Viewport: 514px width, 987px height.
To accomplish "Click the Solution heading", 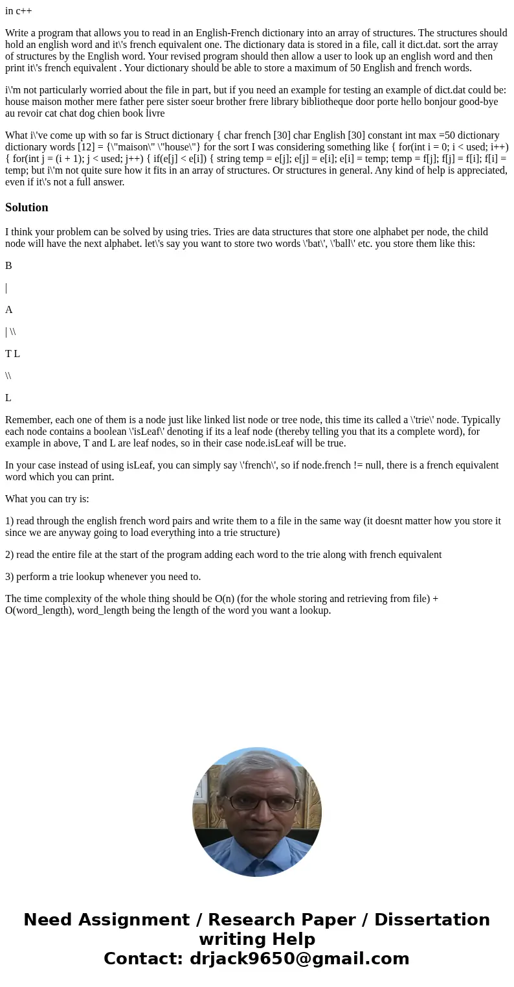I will [27, 207].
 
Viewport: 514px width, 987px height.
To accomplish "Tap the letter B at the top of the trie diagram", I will [8, 266].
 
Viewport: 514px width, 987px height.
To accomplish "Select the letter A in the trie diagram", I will [9, 310].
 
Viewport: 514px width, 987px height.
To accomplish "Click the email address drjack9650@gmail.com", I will [299, 958].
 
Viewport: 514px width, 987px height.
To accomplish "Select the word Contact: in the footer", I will [143, 958].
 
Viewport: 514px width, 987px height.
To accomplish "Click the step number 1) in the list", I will [10, 521].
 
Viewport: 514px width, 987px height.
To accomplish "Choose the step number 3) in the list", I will [10, 577].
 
